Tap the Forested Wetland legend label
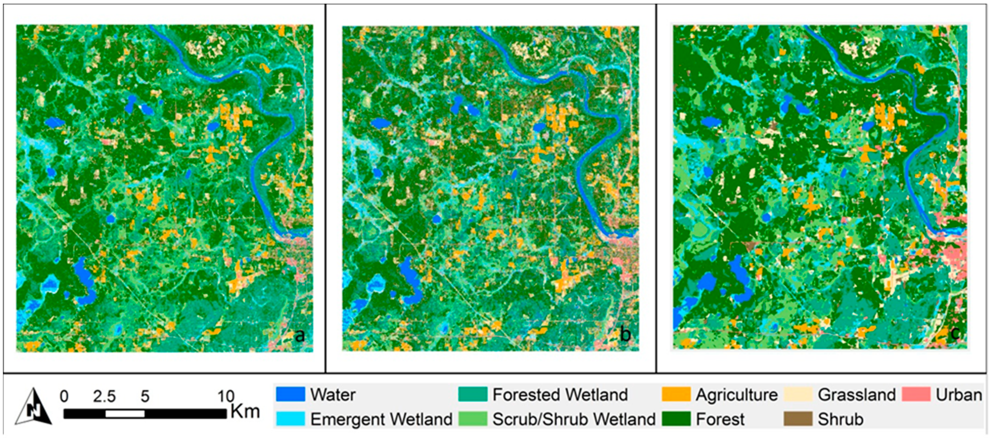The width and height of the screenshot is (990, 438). click(x=560, y=395)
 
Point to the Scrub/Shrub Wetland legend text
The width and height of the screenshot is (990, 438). click(x=574, y=419)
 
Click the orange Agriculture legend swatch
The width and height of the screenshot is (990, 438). click(x=676, y=395)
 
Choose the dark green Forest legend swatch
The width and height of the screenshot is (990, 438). click(x=676, y=419)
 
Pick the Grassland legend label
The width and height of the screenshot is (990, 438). click(x=857, y=395)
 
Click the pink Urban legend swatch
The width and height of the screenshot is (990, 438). click(x=916, y=395)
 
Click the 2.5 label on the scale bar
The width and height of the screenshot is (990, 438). click(x=104, y=396)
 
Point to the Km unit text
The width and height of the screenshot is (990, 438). click(x=245, y=411)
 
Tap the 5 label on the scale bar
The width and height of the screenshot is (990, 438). click(x=145, y=396)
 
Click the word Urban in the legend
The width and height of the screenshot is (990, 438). click(x=959, y=395)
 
